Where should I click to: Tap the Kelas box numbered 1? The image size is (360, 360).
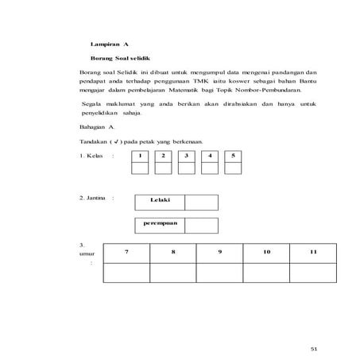point(140,156)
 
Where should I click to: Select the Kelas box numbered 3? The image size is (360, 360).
point(186,156)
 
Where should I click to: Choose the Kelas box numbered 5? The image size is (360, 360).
point(233,156)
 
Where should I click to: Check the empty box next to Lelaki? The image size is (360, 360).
point(201,202)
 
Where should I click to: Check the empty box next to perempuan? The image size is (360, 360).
point(201,225)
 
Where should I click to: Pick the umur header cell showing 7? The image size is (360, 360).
point(126,252)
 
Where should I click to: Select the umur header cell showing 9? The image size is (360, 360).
point(220,252)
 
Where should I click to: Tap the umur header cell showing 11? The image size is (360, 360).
point(314,252)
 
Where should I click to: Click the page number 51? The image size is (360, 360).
point(313,347)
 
